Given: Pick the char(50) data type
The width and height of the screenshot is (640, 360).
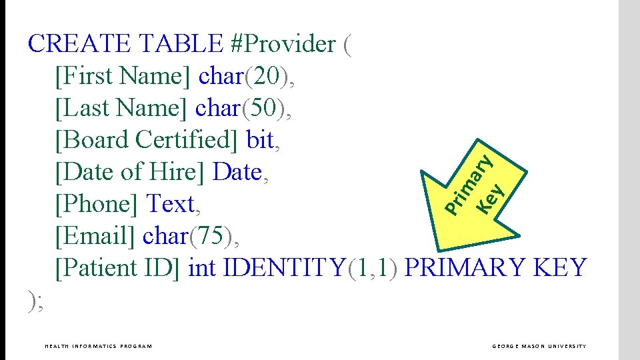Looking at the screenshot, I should click(241, 108).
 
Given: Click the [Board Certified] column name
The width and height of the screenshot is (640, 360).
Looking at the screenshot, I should click(147, 140).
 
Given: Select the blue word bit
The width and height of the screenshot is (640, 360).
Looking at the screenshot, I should click(260, 140).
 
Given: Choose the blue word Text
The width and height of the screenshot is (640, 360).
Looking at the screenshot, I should click(171, 204).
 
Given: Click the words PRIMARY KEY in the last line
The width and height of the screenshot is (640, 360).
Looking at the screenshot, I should click(495, 268).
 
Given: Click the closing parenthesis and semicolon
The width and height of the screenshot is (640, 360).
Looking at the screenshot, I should click(37, 301).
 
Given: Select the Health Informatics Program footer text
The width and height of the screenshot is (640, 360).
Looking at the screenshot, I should click(98, 346).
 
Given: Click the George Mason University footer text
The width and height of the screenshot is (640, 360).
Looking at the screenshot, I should click(539, 346).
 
